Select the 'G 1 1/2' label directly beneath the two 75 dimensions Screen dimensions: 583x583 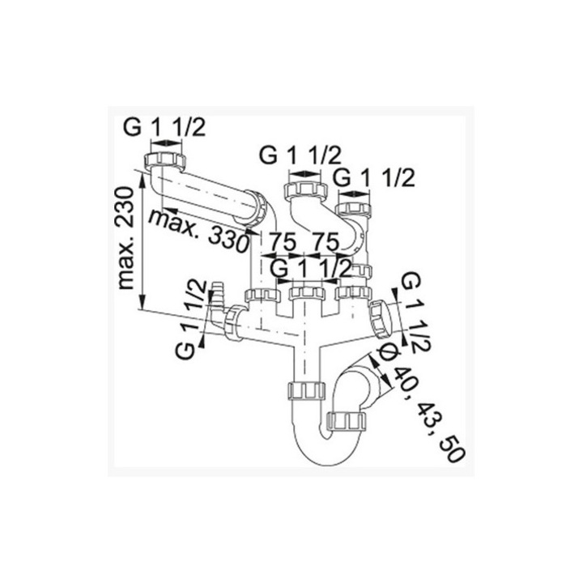click(x=311, y=266)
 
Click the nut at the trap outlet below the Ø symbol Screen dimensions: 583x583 click(x=349, y=422)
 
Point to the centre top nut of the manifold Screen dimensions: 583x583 click(x=306, y=291)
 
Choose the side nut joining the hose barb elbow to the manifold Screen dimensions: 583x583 click(x=236, y=322)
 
